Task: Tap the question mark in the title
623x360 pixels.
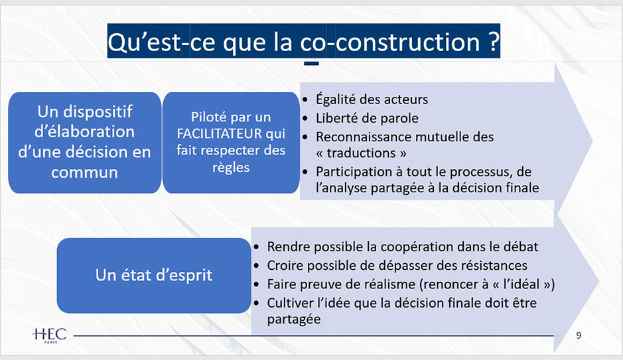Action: [492, 42]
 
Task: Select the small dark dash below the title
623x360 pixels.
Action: [311, 64]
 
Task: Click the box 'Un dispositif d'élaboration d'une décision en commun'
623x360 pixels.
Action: [85, 142]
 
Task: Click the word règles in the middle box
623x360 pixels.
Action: [231, 167]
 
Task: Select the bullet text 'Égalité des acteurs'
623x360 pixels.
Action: [372, 99]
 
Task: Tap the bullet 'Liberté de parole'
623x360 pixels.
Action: [367, 119]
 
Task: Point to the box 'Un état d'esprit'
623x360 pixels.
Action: [154, 274]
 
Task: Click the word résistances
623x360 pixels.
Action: [490, 265]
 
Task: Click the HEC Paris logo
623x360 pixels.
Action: [48, 334]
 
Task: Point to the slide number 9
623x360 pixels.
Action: [579, 335]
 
